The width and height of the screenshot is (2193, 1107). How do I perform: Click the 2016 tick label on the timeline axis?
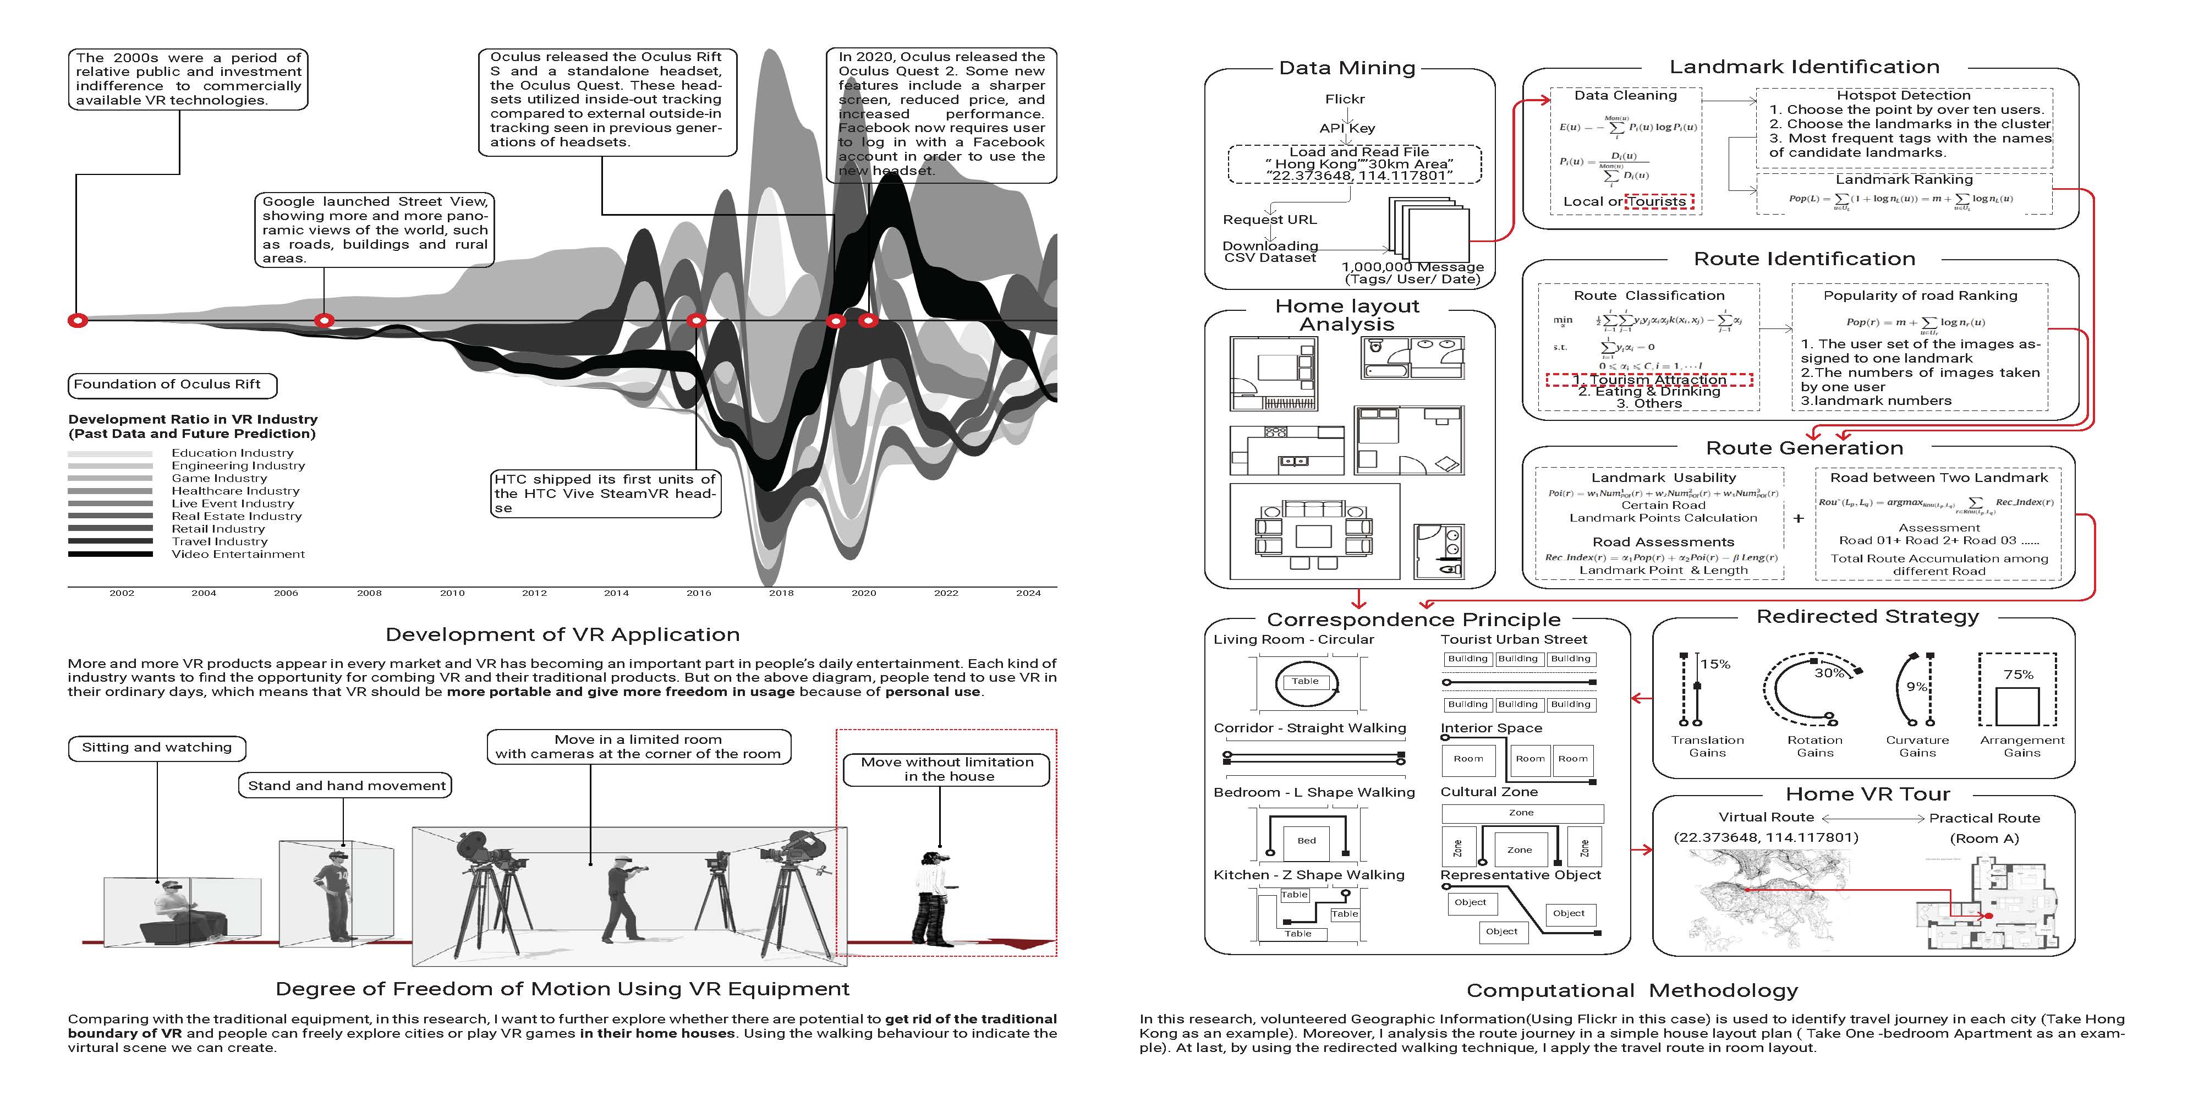click(x=698, y=593)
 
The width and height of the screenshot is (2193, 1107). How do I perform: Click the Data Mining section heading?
click(x=1347, y=68)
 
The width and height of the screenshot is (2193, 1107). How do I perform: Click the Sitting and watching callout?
click(x=157, y=748)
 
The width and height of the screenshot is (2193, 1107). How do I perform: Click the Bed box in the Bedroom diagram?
click(x=1306, y=841)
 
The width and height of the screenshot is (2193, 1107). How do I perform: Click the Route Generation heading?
click(x=1804, y=448)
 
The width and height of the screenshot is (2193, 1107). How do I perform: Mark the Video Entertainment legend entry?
click(x=238, y=555)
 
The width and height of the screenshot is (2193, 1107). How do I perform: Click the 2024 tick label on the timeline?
click(x=1028, y=593)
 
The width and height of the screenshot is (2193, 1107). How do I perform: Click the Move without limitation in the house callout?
click(x=947, y=769)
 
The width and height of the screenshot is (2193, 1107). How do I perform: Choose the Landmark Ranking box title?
click(x=1904, y=180)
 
